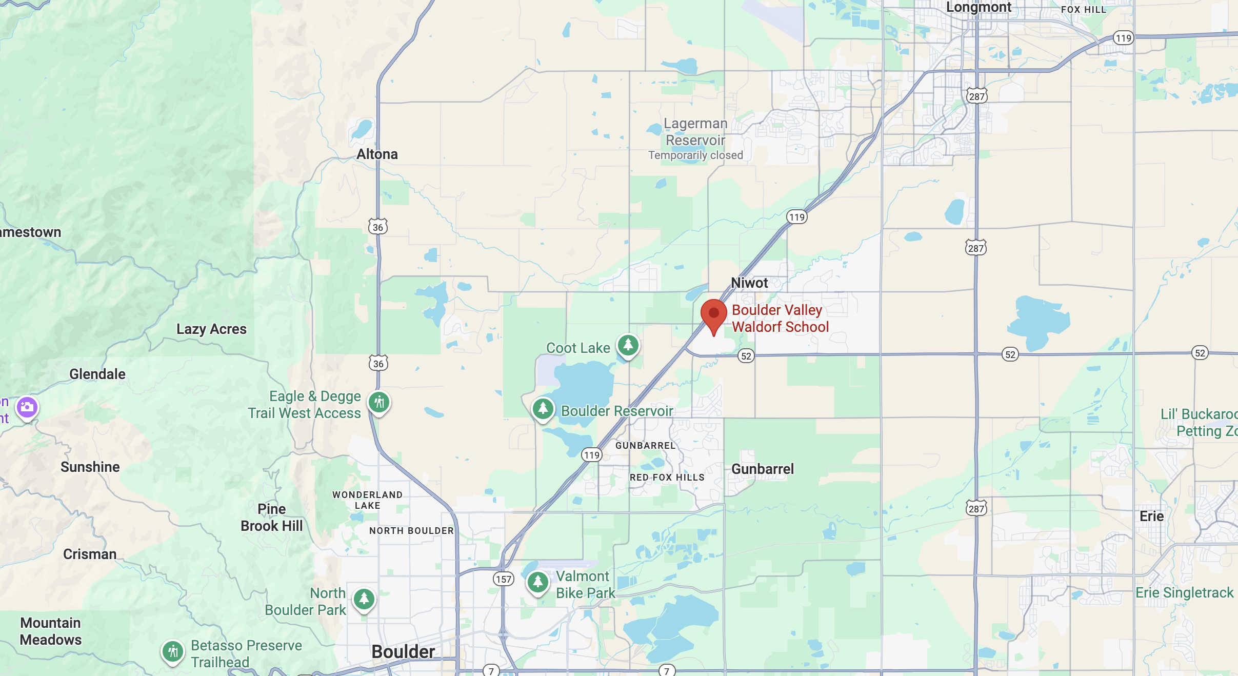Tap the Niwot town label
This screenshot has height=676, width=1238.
pyautogui.click(x=749, y=283)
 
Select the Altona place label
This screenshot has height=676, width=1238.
pyautogui.click(x=377, y=154)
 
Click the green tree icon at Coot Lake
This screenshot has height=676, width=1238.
pyautogui.click(x=628, y=345)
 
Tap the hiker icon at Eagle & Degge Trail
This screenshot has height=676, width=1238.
pyautogui.click(x=379, y=403)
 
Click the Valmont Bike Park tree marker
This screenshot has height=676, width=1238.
pyautogui.click(x=537, y=582)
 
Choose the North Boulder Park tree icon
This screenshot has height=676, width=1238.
pyautogui.click(x=364, y=599)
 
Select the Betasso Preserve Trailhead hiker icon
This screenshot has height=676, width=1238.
pyautogui.click(x=173, y=652)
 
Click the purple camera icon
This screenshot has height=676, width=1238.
pyautogui.click(x=27, y=408)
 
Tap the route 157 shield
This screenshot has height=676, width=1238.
pyautogui.click(x=503, y=579)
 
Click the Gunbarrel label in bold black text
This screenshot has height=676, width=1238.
pyautogui.click(x=762, y=469)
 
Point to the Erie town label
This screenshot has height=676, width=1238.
pyautogui.click(x=1151, y=516)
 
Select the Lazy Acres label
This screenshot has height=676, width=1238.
pyautogui.click(x=211, y=329)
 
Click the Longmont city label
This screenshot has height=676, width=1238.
pyautogui.click(x=979, y=7)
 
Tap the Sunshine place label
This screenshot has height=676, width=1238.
pyautogui.click(x=90, y=467)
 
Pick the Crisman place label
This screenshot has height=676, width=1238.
pyautogui.click(x=90, y=554)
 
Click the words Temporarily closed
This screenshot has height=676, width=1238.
pyautogui.click(x=695, y=155)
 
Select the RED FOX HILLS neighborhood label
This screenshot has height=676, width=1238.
pyautogui.click(x=667, y=478)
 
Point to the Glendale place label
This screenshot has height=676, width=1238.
pyautogui.click(x=97, y=374)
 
